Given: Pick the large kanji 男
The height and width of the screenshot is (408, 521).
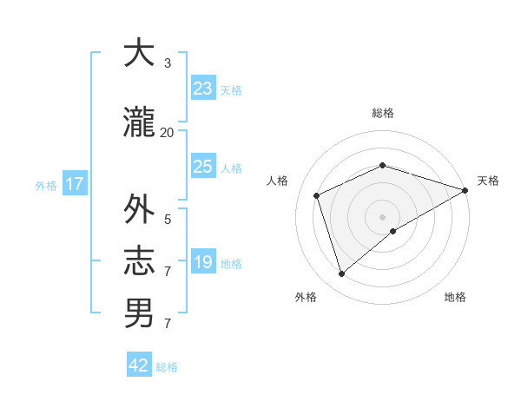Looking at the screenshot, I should (x=139, y=313).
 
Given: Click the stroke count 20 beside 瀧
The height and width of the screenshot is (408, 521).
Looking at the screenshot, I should (x=167, y=133).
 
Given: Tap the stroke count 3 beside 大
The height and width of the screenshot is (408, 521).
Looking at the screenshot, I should (x=168, y=63).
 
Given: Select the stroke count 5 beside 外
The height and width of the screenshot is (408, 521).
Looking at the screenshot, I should (x=168, y=220).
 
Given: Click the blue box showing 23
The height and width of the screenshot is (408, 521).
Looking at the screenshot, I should (x=202, y=88).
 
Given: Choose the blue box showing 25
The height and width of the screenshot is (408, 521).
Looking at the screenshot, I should (x=202, y=166).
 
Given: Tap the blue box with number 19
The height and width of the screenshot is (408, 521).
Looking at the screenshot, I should (x=202, y=261).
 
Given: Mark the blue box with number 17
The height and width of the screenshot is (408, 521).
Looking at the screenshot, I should (x=74, y=183).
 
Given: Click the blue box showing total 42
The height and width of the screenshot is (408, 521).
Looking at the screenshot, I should (x=139, y=365).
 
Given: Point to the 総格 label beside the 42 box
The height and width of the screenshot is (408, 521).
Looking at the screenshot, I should (x=167, y=367).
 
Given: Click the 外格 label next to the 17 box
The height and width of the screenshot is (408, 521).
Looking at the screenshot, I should (x=46, y=185).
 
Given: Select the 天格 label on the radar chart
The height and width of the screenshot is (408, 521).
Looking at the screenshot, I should (x=488, y=181).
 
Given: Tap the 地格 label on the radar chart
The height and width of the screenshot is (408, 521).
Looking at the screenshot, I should (x=455, y=297).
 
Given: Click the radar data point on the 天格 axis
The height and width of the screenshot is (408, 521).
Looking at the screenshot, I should (x=465, y=190).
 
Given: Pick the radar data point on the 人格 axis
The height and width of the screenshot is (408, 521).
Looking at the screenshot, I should (x=317, y=195).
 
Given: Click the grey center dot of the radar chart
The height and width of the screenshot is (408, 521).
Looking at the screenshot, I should (x=382, y=216).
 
